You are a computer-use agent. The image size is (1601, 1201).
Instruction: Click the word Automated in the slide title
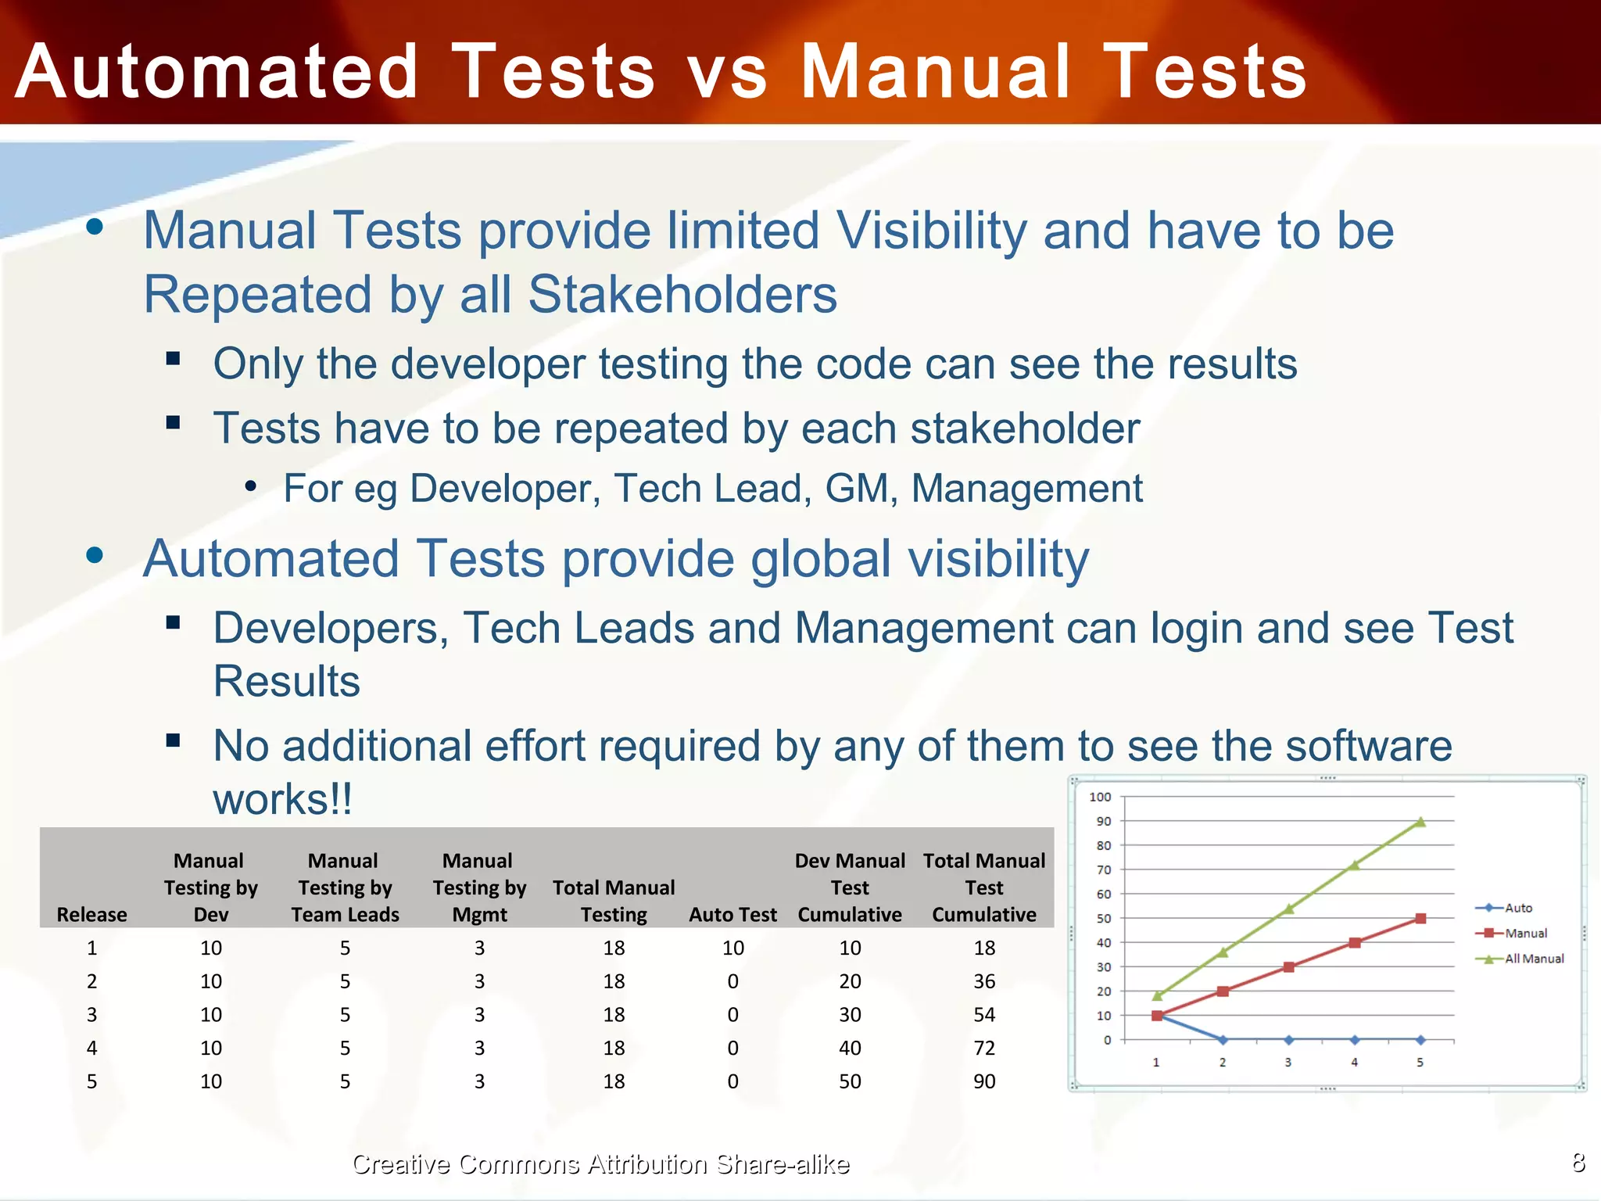(217, 72)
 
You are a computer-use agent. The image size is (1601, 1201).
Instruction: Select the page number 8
(1578, 1162)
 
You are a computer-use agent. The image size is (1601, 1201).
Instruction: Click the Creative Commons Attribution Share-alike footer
(600, 1164)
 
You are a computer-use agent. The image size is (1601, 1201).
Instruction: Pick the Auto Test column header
(732, 914)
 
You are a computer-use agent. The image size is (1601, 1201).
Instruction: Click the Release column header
(91, 914)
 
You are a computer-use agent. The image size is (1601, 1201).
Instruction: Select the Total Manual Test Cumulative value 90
(984, 1081)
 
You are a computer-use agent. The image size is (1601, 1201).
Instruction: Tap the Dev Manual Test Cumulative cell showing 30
(850, 1015)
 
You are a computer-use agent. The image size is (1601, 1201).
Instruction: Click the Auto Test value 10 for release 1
(732, 948)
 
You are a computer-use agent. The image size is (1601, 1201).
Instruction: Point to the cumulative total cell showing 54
(984, 1015)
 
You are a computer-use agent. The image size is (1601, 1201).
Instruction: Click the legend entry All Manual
(1534, 959)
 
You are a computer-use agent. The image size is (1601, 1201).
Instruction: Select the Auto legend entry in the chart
(1518, 908)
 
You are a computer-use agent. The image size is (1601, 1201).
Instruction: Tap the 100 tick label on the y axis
(1099, 797)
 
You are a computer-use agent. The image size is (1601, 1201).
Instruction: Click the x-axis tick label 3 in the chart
(1288, 1063)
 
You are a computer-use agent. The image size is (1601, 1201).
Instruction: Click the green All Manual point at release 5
(1420, 822)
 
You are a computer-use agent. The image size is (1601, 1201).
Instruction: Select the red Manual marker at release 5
(1420, 919)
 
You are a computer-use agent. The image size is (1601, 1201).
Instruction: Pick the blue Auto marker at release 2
(1223, 1040)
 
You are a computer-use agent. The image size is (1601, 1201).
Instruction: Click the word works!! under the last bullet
(282, 799)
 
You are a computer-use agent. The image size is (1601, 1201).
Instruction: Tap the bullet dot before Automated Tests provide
(95, 556)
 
